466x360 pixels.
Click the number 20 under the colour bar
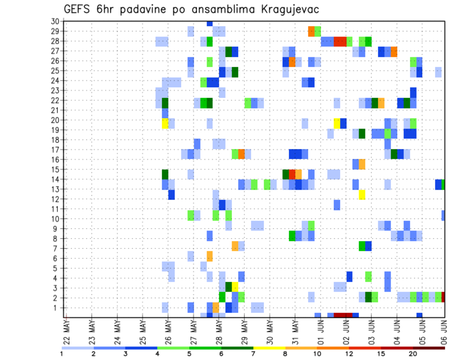[x=413, y=354]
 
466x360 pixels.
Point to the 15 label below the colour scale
[x=381, y=354]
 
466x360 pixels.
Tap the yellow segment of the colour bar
[x=269, y=347]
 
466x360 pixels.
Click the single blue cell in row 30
[x=210, y=23]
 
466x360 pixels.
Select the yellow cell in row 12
[x=362, y=195]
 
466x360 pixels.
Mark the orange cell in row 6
[x=210, y=256]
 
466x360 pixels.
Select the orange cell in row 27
[x=394, y=51]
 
